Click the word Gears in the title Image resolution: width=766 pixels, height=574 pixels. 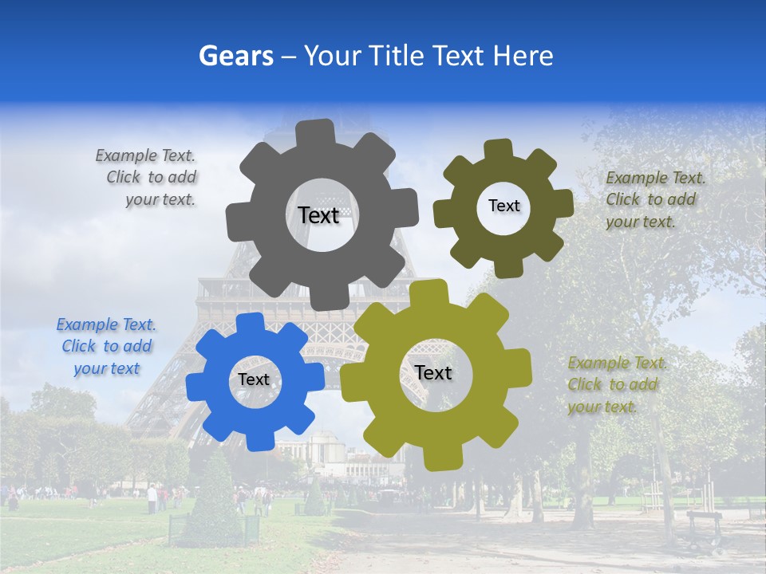click(235, 56)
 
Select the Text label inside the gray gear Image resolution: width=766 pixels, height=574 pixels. click(318, 215)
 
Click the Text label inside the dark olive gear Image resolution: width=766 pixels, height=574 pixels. click(503, 206)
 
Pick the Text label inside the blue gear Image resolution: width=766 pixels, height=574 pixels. click(254, 379)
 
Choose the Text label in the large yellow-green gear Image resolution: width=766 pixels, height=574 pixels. click(433, 372)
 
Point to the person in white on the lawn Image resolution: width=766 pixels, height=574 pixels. click(152, 498)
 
